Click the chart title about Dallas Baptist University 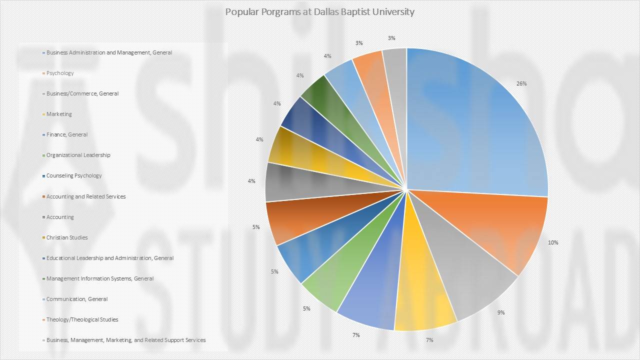pos(319,11)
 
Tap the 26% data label pos(521,84)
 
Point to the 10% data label pos(553,242)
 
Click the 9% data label pos(501,312)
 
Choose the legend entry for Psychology pos(60,73)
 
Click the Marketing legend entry pos(59,114)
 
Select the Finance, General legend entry pos(67,134)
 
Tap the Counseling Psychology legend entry pos(74,175)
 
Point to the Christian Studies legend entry pos(67,237)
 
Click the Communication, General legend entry pos(77,299)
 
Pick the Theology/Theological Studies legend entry pos(82,319)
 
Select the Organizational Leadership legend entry pos(78,155)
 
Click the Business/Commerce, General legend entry pos(82,93)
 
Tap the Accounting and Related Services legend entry pos(86,196)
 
